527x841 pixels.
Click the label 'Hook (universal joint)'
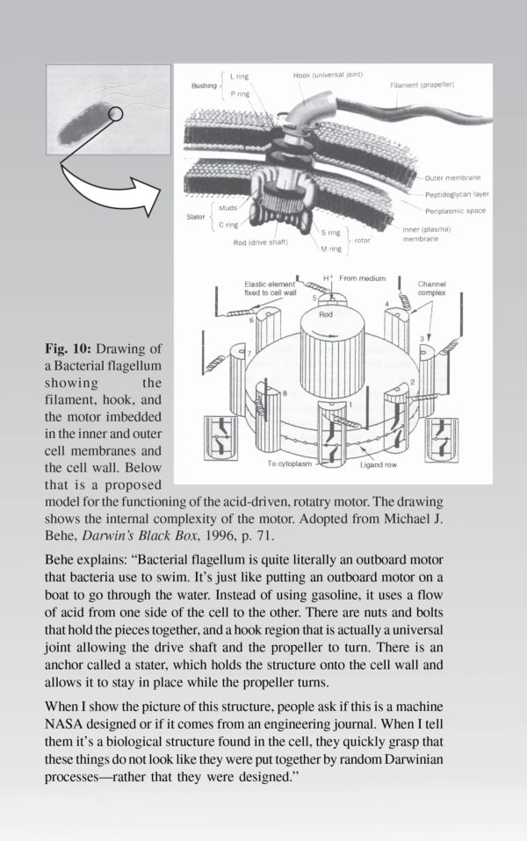click(328, 75)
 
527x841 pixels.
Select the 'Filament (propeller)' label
click(422, 85)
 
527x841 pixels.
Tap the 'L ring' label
click(239, 76)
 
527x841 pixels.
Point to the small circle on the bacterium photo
click(116, 113)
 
